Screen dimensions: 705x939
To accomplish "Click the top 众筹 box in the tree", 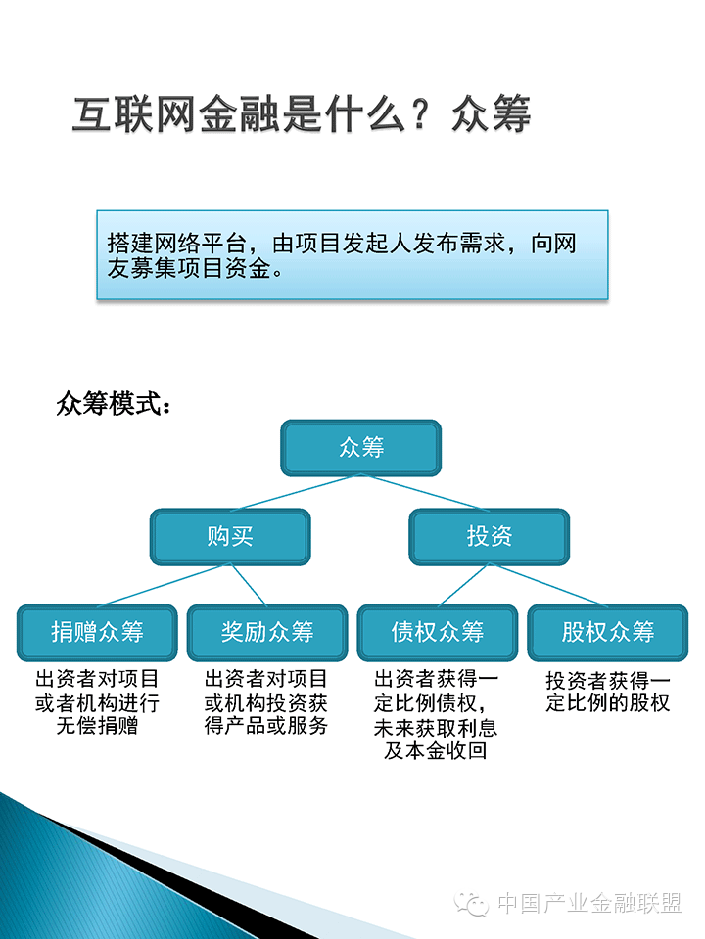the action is coord(361,448).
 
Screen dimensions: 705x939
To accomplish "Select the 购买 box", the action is coord(230,536).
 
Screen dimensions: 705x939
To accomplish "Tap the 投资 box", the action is coord(490,536).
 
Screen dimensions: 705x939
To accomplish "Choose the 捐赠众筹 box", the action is coord(97,632).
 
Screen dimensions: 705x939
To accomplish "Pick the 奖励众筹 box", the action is coord(266,632).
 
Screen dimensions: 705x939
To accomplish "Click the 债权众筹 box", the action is coord(437,632).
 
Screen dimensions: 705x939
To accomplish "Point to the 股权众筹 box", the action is coord(607,632).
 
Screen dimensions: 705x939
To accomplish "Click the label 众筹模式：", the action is coord(114,405).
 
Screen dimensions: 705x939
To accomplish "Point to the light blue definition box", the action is coord(352,254).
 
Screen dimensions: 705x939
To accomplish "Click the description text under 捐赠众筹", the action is coord(97,702).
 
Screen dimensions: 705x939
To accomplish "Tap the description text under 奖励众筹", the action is coord(266,702).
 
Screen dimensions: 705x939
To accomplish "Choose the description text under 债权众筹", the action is coord(437,714).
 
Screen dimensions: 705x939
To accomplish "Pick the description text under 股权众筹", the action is coord(607,691).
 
